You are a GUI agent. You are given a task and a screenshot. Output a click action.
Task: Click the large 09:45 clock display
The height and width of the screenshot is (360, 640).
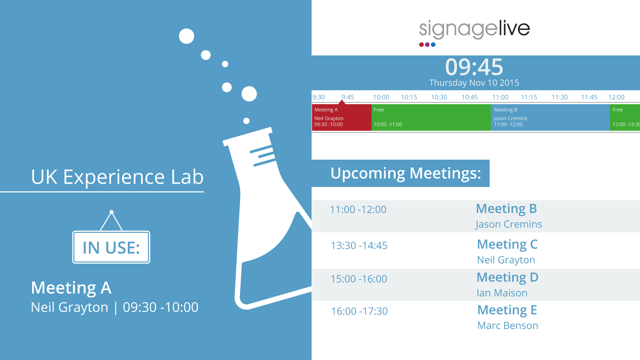click(x=474, y=67)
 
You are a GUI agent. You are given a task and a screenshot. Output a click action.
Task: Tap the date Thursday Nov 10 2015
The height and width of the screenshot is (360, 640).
click(x=474, y=83)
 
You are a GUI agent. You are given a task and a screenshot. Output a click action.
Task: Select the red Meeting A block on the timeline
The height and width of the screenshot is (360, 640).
click(x=342, y=117)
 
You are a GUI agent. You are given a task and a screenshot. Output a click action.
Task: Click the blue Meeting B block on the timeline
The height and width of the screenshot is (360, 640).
click(x=550, y=117)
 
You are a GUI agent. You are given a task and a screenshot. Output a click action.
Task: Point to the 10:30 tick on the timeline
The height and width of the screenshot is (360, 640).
click(x=439, y=97)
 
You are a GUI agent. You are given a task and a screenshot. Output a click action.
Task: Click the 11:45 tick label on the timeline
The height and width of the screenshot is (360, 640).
click(x=589, y=97)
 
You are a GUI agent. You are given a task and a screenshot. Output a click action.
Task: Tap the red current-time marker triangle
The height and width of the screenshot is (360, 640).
click(x=342, y=102)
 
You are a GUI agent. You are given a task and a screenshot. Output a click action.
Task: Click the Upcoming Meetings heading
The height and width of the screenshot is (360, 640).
click(x=406, y=173)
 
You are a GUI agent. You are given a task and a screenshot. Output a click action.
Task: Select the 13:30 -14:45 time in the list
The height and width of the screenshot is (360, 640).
click(x=359, y=245)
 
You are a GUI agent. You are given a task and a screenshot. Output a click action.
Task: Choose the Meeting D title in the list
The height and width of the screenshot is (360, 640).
click(x=508, y=277)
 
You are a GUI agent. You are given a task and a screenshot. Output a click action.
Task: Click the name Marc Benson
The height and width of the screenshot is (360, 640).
click(x=508, y=325)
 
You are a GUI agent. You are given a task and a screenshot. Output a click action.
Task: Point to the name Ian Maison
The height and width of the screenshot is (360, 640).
click(x=502, y=293)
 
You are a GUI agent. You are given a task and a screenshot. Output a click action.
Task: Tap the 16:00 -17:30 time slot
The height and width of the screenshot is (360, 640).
click(x=359, y=311)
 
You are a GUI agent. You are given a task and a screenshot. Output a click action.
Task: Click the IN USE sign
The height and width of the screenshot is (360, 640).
click(x=111, y=247)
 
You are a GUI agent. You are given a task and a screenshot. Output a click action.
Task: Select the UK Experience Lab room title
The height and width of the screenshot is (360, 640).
click(x=117, y=177)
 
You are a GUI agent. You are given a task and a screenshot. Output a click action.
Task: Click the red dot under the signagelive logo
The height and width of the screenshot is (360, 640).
click(x=421, y=45)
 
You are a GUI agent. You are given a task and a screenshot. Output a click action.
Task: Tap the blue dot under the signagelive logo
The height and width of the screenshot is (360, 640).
click(x=433, y=45)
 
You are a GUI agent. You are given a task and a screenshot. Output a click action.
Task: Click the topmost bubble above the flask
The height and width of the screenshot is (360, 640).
click(x=186, y=36)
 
